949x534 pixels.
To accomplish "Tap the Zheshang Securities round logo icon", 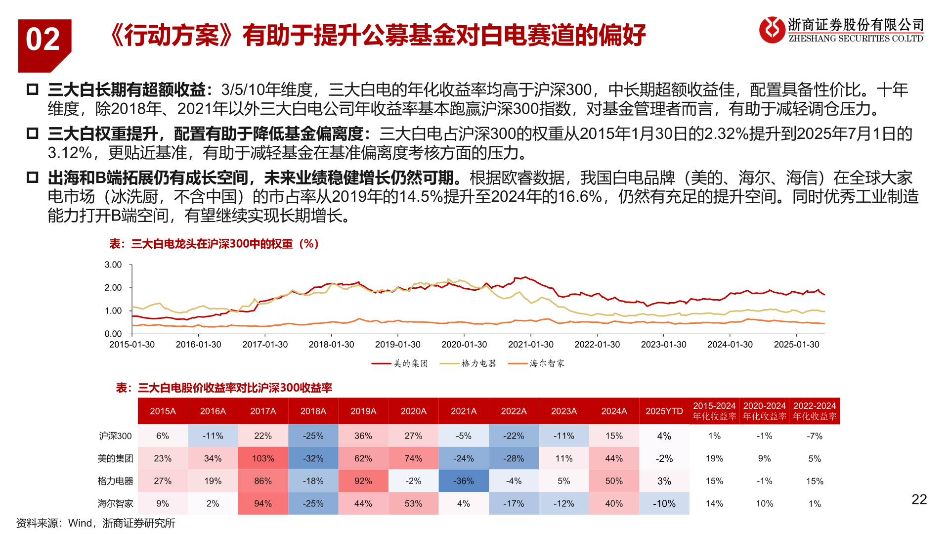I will (772, 30).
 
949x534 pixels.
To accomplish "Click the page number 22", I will (919, 499).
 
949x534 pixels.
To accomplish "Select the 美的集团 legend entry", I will (400, 363).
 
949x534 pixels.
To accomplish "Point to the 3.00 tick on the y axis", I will (113, 265).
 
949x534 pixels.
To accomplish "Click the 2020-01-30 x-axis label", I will (464, 345).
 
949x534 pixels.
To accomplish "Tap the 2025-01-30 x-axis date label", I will (796, 345).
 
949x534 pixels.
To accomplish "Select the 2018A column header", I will (313, 411).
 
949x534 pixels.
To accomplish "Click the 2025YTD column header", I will (664, 411).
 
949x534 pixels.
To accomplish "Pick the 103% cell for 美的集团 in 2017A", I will (263, 458).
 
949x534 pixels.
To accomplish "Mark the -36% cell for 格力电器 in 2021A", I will (464, 481).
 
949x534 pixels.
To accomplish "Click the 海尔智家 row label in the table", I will (115, 503).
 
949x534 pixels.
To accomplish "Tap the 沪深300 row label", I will (115, 436).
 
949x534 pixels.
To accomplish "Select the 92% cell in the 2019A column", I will (363, 481).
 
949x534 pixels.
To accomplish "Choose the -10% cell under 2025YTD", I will (664, 503).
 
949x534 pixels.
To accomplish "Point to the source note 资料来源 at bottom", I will (95, 523).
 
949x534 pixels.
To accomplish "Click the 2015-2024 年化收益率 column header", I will (714, 411).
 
